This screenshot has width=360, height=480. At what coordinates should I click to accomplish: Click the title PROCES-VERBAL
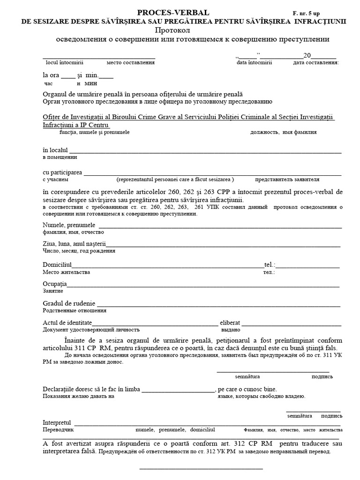(x=173, y=13)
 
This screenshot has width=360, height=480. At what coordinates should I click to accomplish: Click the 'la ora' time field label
(x=52, y=75)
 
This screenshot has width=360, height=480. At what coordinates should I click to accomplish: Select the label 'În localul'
(x=55, y=150)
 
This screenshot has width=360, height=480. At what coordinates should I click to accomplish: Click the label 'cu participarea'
(x=62, y=172)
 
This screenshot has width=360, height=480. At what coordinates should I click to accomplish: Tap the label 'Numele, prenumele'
(x=68, y=225)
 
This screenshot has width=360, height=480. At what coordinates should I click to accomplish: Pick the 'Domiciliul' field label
(x=57, y=265)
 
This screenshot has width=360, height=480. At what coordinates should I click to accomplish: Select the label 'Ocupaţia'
(x=55, y=284)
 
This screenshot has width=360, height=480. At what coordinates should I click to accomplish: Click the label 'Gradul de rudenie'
(x=69, y=303)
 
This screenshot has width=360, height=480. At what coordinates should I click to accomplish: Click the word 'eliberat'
(x=230, y=323)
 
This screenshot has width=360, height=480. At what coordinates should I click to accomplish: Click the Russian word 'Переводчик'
(x=58, y=429)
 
